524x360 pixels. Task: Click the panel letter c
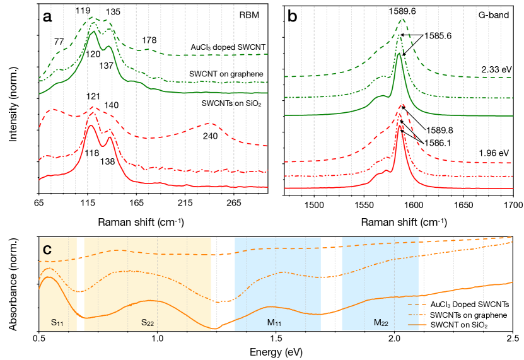(47, 250)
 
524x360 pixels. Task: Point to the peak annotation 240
(210, 136)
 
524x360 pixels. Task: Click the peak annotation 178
(149, 40)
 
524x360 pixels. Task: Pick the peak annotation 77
(59, 42)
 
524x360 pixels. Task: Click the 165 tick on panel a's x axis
(136, 202)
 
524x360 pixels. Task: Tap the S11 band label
(58, 322)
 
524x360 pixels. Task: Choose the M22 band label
(380, 322)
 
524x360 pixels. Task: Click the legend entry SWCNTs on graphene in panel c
(464, 315)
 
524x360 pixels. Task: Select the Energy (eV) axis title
(275, 351)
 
